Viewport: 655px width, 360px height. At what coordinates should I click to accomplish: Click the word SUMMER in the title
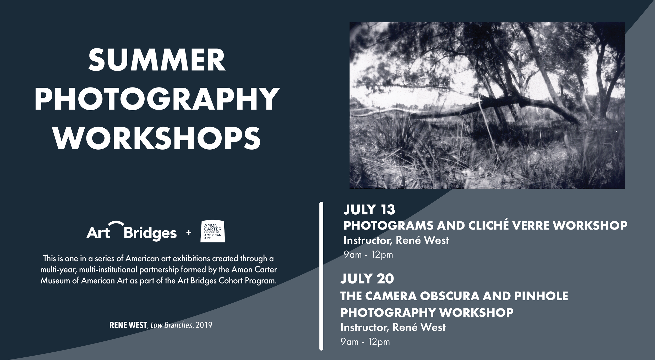click(157, 60)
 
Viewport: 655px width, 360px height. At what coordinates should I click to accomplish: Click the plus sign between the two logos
click(188, 233)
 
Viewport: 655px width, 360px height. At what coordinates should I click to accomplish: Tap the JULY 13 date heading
click(369, 210)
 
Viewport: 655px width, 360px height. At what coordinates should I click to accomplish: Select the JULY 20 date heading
click(367, 279)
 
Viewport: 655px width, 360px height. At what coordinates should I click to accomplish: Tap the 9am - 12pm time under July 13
click(368, 255)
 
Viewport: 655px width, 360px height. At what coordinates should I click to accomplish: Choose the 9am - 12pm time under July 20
click(365, 342)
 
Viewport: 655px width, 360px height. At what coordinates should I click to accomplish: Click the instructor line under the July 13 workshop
click(396, 241)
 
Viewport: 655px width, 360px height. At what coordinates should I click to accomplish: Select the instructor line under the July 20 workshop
click(393, 327)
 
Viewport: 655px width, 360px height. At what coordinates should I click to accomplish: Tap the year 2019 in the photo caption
click(204, 325)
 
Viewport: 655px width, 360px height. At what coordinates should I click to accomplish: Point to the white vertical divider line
click(321, 275)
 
